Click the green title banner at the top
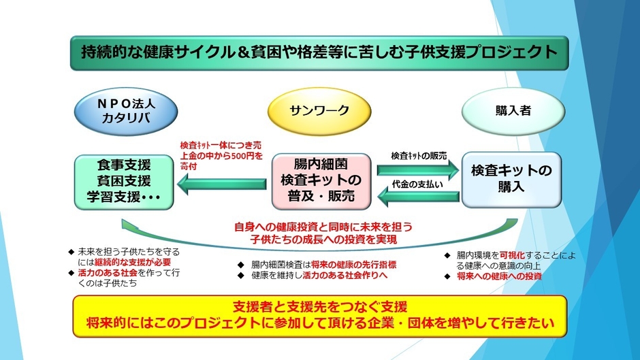pos(319,52)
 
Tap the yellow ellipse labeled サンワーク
pos(320,110)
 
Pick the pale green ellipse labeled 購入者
pos(513,111)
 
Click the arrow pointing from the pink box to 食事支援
pos(223,182)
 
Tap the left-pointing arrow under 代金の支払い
pos(418,196)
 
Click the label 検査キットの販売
pos(419,155)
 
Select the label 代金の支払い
pos(417,184)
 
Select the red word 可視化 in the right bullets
pos(511,255)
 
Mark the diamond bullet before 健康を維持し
pos(240,275)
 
